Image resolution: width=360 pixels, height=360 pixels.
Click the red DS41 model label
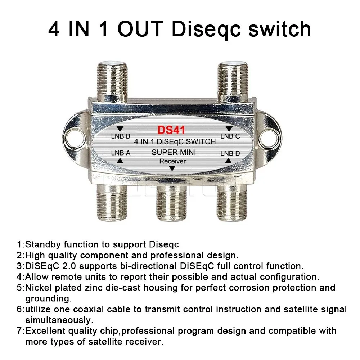point(171,130)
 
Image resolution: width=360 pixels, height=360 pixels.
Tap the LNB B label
point(120,137)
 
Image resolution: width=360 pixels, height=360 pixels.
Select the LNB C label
point(230,136)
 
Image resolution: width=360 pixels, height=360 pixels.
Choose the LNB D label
point(230,153)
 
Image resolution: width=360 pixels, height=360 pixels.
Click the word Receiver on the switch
point(173,161)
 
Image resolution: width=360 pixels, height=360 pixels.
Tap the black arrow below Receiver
point(173,168)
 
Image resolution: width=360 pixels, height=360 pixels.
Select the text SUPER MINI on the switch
point(174,152)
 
